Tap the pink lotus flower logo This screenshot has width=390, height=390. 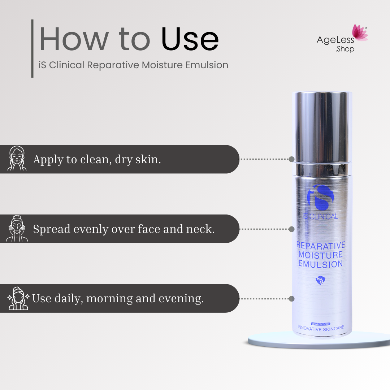coord(360,33)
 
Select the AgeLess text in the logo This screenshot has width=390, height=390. coord(335,40)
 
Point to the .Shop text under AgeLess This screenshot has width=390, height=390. coord(345,49)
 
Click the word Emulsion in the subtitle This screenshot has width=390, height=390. coord(207,65)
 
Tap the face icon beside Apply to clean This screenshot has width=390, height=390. coord(17,158)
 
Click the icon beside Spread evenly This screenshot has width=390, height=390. coord(17,228)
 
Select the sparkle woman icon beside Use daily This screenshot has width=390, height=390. coord(18,298)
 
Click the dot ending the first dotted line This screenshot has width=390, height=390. coord(292,159)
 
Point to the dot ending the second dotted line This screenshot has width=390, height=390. coord(292,229)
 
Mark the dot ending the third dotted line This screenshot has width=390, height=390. coord(292,299)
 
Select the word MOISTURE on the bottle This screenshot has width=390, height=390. coord(321,255)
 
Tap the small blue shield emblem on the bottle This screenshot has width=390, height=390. coord(320,280)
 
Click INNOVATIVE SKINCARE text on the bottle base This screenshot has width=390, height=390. coord(321,328)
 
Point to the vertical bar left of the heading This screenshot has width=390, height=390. coord(32,48)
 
